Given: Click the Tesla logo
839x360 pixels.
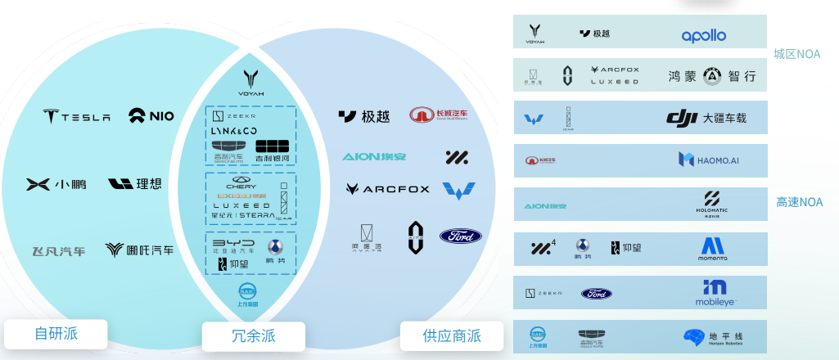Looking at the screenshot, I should [76, 116].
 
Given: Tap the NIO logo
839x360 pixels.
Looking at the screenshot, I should [151, 115].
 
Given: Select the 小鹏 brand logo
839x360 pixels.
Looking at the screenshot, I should [56, 184].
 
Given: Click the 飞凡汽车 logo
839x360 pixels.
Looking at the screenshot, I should [58, 250].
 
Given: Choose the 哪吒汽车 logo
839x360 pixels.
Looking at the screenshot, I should [139, 250].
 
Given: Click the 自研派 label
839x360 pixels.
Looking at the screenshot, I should [56, 333].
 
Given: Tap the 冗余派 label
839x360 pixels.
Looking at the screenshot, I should [253, 335].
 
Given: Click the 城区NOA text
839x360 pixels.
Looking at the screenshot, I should [796, 54].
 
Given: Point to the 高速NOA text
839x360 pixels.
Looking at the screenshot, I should [799, 201].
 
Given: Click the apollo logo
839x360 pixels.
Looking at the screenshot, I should [704, 35].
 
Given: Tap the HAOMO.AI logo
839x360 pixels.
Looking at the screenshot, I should [709, 160].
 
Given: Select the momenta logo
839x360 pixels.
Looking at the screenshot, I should [712, 249].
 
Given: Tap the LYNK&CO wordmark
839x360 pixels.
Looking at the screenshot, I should [234, 132].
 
